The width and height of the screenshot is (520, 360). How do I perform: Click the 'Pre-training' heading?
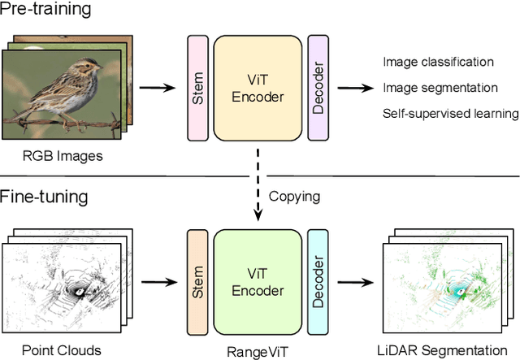[45, 11]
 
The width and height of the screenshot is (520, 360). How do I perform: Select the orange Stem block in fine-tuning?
[197, 282]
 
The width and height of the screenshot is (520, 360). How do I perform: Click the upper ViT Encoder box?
[256, 87]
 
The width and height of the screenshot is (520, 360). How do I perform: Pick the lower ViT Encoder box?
[256, 282]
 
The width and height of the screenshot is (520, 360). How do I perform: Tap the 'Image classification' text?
[437, 62]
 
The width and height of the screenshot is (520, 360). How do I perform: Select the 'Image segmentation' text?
[439, 87]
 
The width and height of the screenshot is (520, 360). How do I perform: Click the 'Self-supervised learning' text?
[450, 113]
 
